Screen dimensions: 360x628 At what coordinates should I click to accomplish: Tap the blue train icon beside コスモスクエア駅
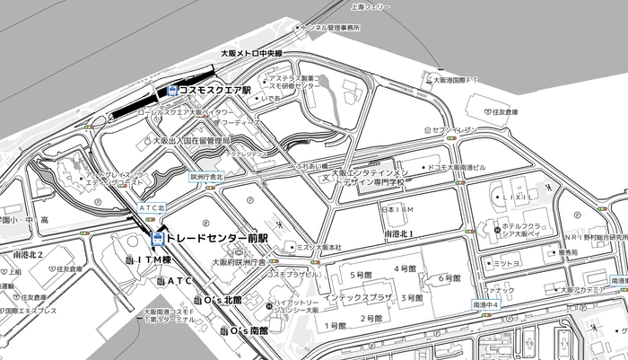point(172,90)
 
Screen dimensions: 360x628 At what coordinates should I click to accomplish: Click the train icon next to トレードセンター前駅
point(158,239)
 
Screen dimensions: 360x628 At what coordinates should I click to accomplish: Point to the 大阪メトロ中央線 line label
point(252,54)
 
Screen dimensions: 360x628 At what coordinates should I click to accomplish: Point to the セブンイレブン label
point(456,130)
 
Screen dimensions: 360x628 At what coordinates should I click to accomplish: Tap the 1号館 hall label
point(335,325)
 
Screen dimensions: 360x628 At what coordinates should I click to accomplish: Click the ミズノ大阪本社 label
point(318,247)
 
